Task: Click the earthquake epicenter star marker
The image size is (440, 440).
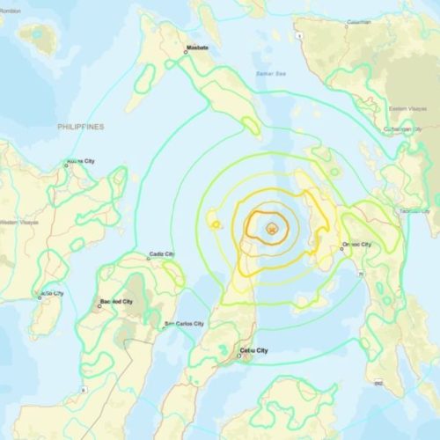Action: (x=273, y=230)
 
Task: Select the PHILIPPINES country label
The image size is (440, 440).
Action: (x=81, y=127)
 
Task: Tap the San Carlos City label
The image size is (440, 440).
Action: (x=185, y=326)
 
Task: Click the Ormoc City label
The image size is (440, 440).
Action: (x=356, y=244)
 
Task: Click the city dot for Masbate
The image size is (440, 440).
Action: (x=186, y=52)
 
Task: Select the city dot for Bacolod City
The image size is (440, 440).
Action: (x=99, y=307)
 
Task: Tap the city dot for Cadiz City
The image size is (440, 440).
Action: (x=146, y=259)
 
